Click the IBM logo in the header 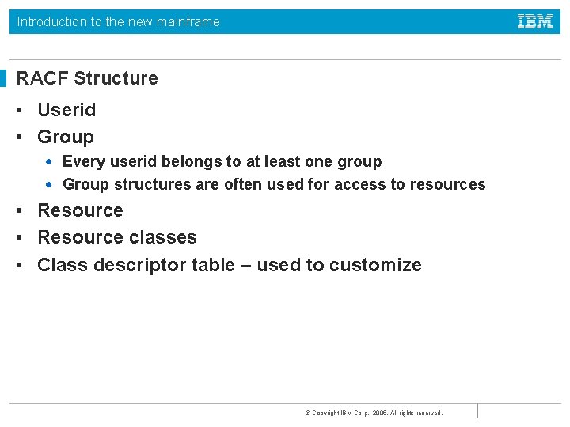(535, 21)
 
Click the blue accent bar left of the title (2, 78)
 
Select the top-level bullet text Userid (66, 110)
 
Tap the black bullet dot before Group (21, 138)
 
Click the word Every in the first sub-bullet (82, 162)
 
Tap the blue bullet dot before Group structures (49, 185)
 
